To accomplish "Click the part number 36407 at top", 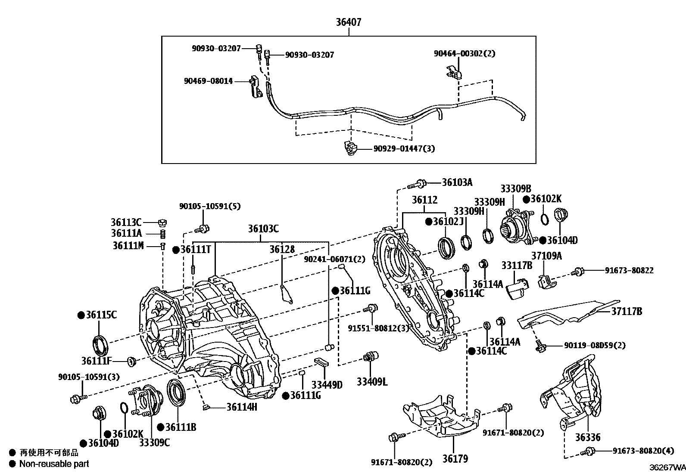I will tap(349, 22).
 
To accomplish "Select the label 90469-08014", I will tap(208, 81).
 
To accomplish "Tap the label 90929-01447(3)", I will tap(404, 149).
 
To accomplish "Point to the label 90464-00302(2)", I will tap(464, 54).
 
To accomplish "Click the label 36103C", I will tap(263, 229).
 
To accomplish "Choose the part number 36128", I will tap(282, 250).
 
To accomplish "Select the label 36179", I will tap(455, 459).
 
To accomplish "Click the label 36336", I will tap(588, 438).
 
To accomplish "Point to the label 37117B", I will tap(626, 311).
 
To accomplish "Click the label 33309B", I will tap(515, 189).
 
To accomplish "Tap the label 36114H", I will tap(241, 406).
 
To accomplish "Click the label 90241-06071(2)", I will tap(334, 259).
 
